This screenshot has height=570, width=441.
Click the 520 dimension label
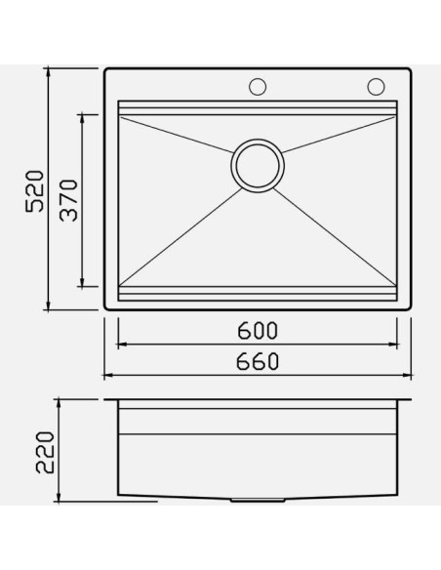[35, 191]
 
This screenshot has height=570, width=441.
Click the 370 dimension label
[68, 200]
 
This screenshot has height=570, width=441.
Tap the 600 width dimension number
[258, 331]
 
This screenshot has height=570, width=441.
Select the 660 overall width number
[258, 361]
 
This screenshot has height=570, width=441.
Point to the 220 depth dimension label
[45, 452]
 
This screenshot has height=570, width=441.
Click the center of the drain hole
[258, 166]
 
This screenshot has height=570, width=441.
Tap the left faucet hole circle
[258, 87]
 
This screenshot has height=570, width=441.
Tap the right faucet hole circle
[376, 87]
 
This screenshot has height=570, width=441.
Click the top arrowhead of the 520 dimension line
[49, 72]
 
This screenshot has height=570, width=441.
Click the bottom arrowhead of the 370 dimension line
[82, 282]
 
